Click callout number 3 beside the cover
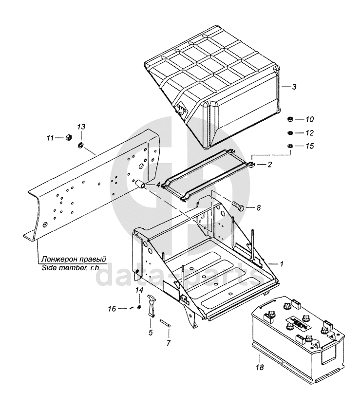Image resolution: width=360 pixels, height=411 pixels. pos(294,87)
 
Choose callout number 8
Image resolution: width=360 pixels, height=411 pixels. pos(258,208)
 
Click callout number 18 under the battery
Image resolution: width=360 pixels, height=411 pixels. pos(260,368)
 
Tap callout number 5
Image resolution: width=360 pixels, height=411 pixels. pos(150,333)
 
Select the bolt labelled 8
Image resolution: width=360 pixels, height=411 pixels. pos(239,206)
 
